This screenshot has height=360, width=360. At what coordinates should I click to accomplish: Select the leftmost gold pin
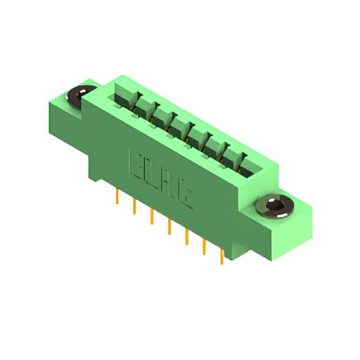116,197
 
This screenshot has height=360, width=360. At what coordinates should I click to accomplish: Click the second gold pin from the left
134,206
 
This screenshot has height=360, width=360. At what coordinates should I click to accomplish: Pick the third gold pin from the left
151,217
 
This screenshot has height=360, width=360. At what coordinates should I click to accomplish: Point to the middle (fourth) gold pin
169,226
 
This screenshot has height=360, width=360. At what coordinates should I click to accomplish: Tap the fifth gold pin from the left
186,236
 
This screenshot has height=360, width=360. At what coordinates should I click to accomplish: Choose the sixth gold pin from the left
204,246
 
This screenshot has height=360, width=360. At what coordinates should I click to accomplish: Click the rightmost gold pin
222,256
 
